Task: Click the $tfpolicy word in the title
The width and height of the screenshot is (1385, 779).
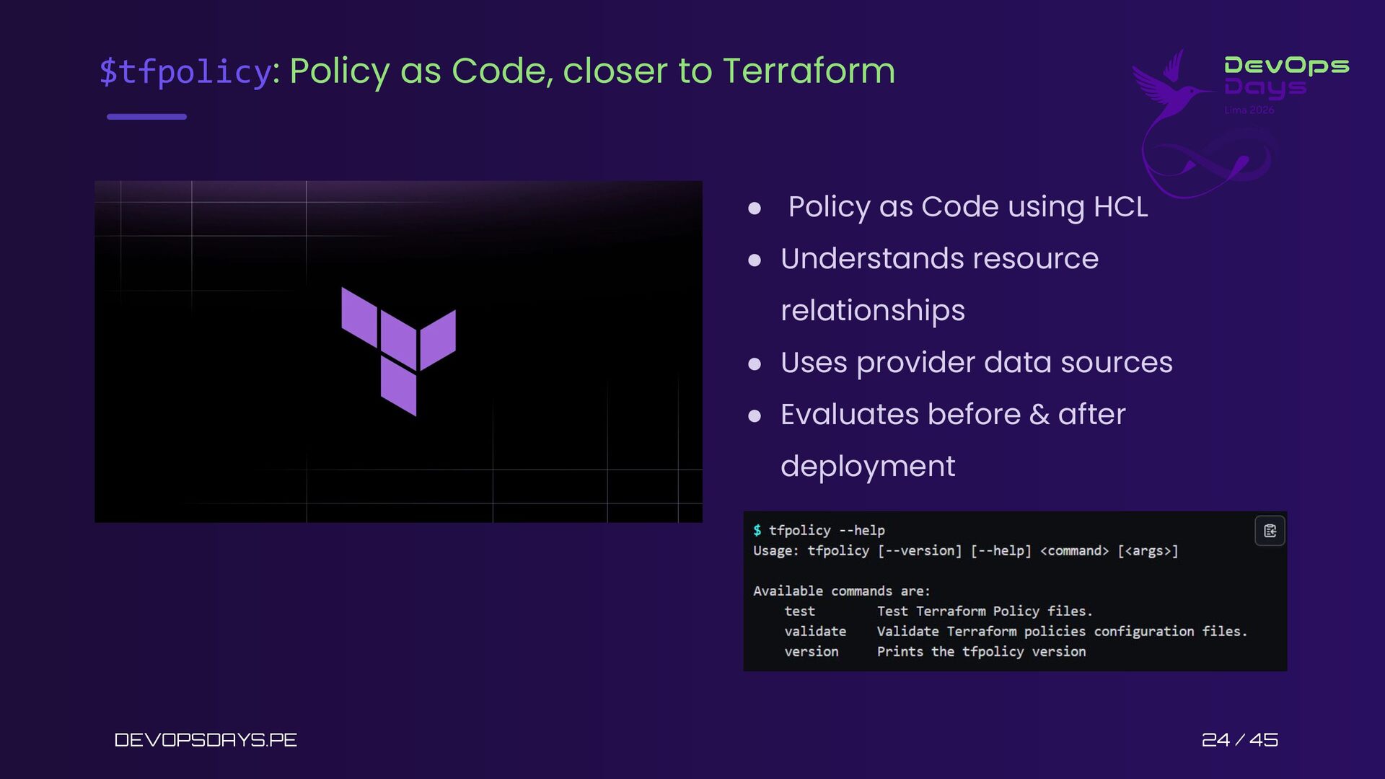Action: (x=185, y=71)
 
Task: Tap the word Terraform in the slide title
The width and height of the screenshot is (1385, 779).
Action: (x=809, y=71)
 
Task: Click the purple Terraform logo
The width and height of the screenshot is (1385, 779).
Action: (x=398, y=351)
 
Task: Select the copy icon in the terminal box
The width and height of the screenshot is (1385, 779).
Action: (x=1270, y=531)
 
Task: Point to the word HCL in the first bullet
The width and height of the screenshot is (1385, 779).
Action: (x=1120, y=207)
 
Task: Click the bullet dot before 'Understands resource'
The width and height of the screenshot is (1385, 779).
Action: (x=755, y=260)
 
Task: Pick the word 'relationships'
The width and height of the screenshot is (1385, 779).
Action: (x=873, y=311)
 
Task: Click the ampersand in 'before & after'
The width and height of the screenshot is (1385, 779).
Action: (x=1039, y=415)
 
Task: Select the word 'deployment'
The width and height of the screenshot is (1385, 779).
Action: (x=868, y=467)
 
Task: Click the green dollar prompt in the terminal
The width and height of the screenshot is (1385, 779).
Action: (x=757, y=530)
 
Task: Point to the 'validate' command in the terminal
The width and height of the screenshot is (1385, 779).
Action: (x=815, y=631)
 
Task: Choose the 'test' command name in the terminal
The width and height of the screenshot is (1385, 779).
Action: (x=799, y=611)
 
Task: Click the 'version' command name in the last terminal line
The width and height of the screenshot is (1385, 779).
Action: (x=812, y=651)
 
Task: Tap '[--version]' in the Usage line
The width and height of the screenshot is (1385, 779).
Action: (x=920, y=550)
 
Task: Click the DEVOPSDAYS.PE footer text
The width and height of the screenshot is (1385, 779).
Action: (x=206, y=740)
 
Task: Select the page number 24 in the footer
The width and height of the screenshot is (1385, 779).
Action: (x=1215, y=740)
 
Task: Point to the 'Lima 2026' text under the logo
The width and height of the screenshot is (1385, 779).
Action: (x=1249, y=110)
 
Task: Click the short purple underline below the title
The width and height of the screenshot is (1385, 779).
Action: (x=146, y=116)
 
